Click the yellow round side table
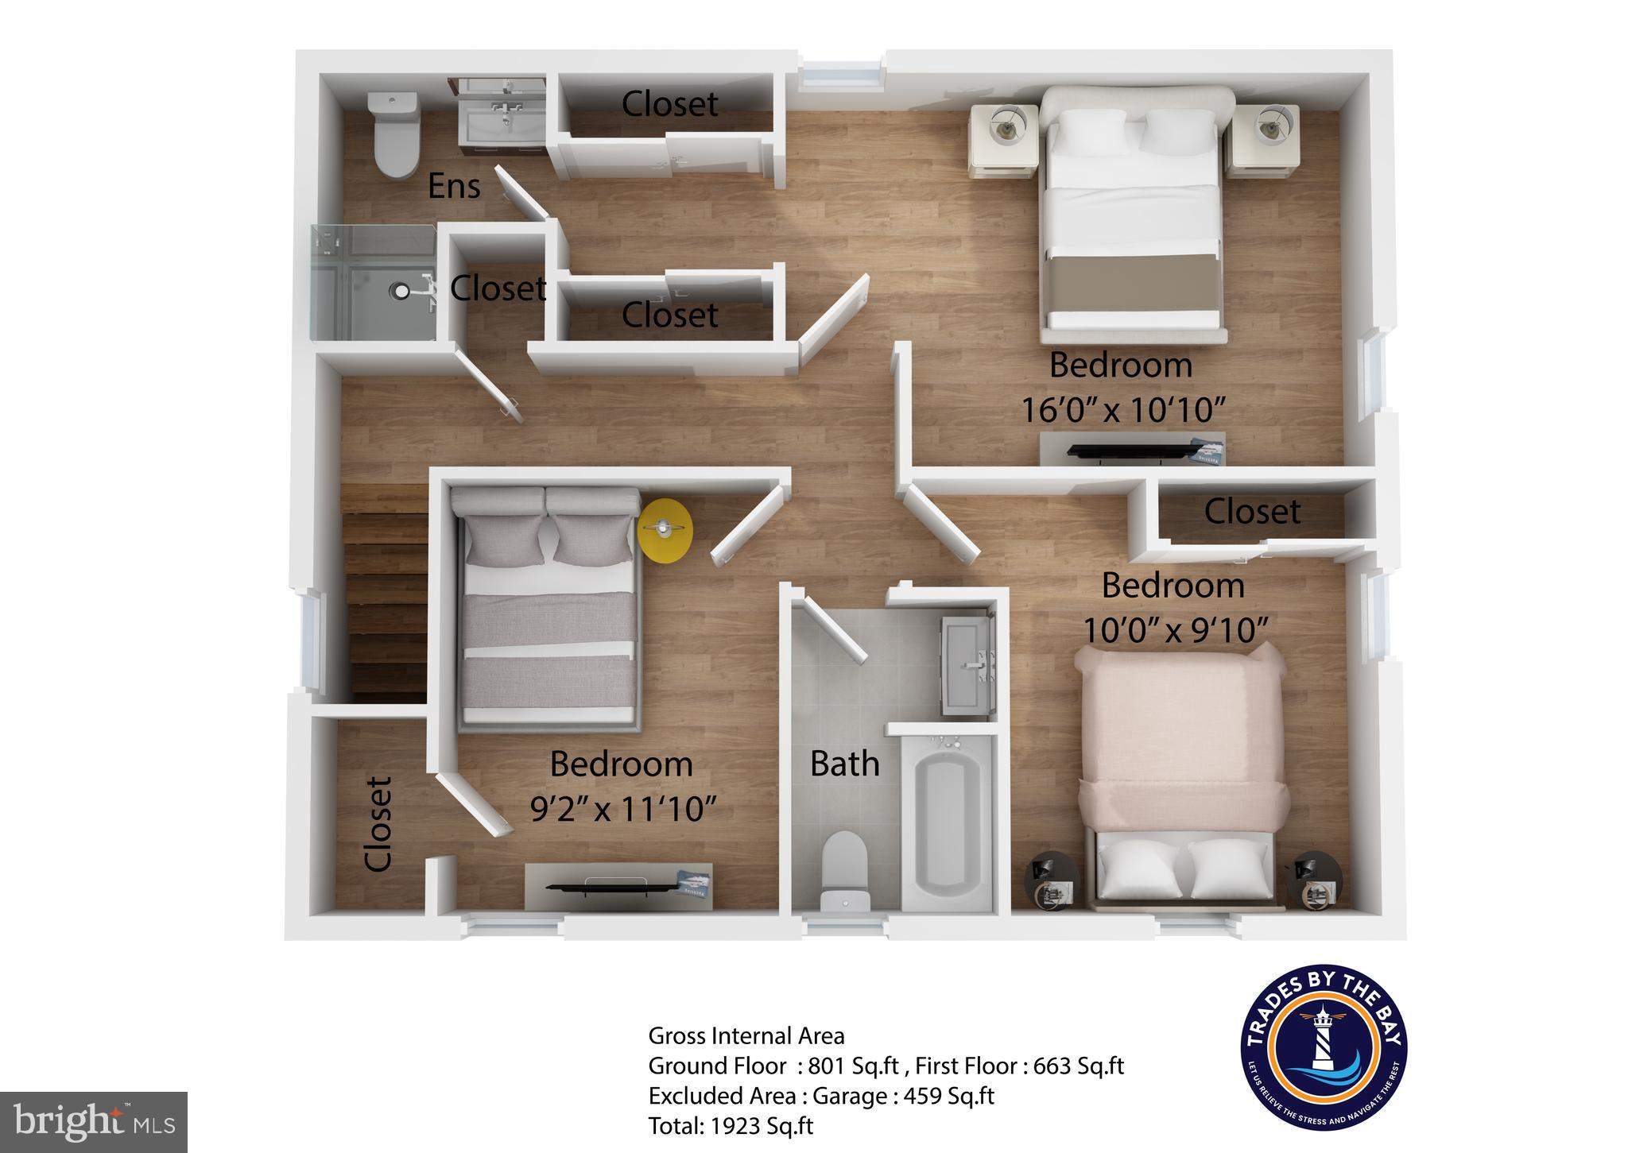tap(665, 530)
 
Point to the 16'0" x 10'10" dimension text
tap(1121, 411)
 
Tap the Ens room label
tap(454, 187)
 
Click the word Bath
tap(844, 764)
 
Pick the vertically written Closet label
tap(378, 824)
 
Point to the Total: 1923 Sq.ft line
tap(731, 1126)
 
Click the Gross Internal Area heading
tap(746, 1035)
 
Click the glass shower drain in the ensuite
tap(401, 292)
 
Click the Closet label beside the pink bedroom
tap(1252, 511)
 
